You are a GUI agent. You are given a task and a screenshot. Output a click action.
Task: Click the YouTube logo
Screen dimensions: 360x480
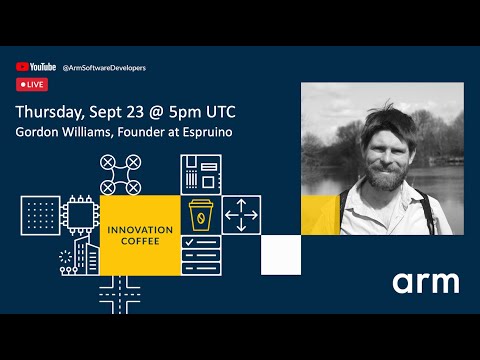pos(36,67)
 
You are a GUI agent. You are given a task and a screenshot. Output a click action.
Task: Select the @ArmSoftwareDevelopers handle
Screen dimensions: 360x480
pos(104,68)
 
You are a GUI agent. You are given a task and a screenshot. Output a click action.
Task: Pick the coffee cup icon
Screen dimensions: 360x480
pos(200,215)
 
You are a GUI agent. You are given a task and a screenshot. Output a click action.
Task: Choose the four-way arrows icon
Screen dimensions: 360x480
pos(240,214)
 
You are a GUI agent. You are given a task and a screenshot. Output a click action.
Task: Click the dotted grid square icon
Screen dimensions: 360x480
pos(40,214)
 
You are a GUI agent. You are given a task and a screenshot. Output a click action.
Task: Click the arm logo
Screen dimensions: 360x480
pos(425,283)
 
